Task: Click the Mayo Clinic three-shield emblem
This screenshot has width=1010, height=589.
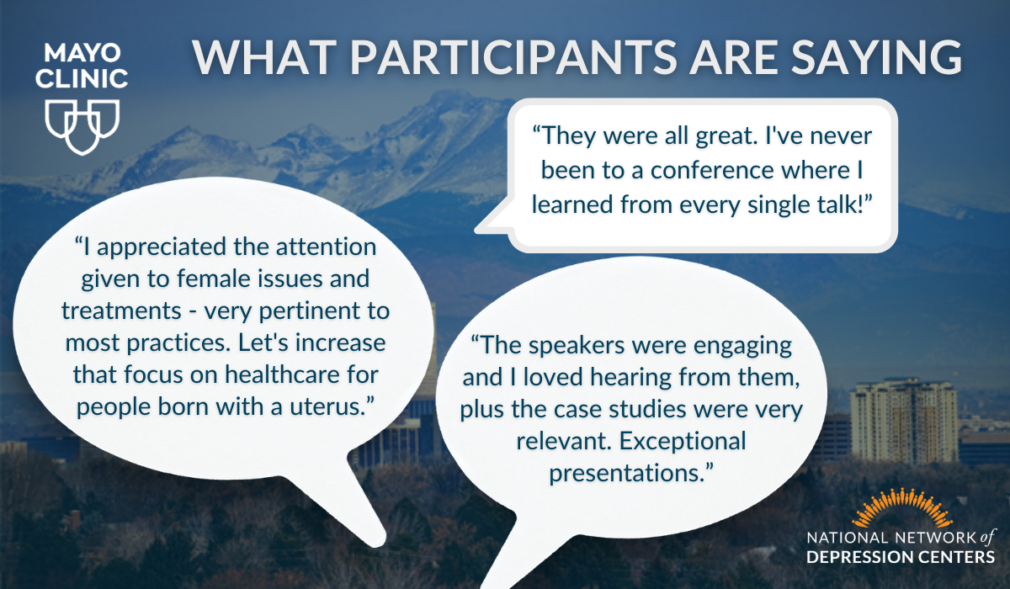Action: (x=82, y=126)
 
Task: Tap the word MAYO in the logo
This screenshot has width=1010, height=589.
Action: (x=82, y=53)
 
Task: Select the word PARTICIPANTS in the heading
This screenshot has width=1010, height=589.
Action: (x=513, y=57)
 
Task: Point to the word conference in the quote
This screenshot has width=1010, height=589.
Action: (x=712, y=170)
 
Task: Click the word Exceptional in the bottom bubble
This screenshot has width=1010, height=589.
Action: (x=683, y=441)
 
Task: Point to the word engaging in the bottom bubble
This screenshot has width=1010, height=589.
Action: (x=742, y=346)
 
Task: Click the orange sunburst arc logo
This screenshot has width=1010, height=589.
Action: (x=902, y=508)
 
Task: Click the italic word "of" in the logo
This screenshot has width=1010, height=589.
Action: (x=986, y=538)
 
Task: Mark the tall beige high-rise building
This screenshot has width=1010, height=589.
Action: (x=904, y=422)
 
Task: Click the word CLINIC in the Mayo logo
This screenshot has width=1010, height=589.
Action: (x=82, y=78)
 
